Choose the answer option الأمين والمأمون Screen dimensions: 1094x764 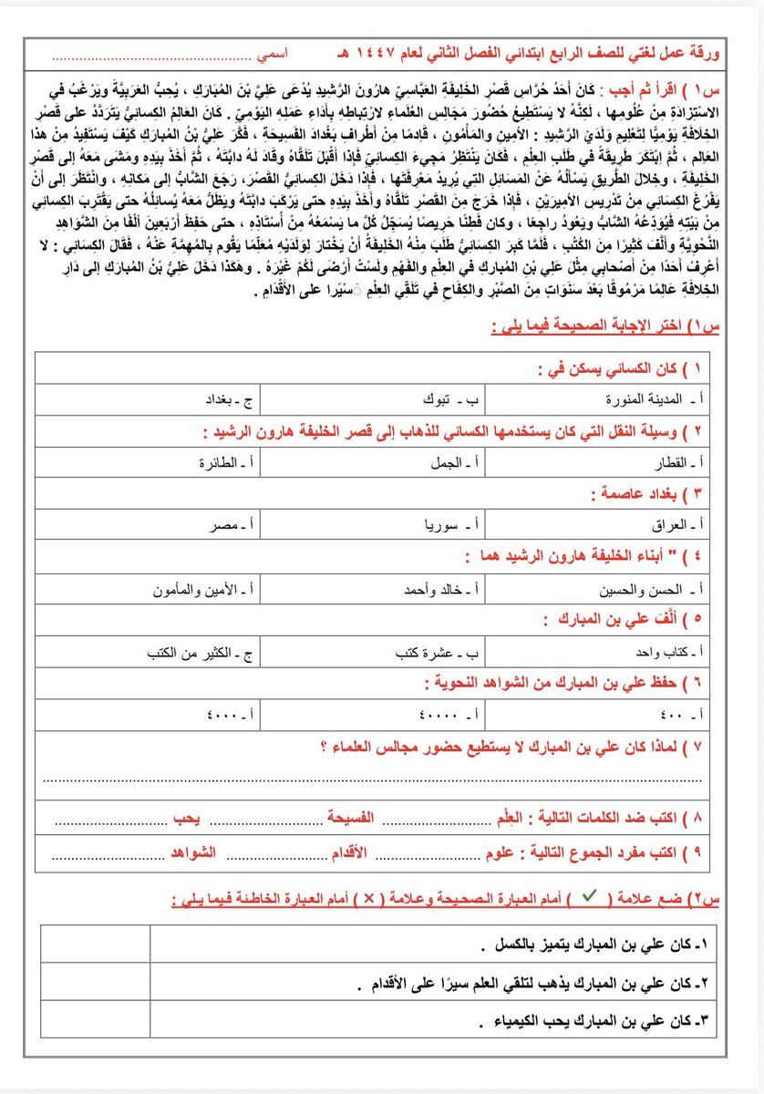[x=207, y=590]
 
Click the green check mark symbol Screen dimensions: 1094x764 [x=589, y=896]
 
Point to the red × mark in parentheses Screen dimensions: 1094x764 [x=369, y=897]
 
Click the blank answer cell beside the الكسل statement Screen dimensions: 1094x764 [x=95, y=943]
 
